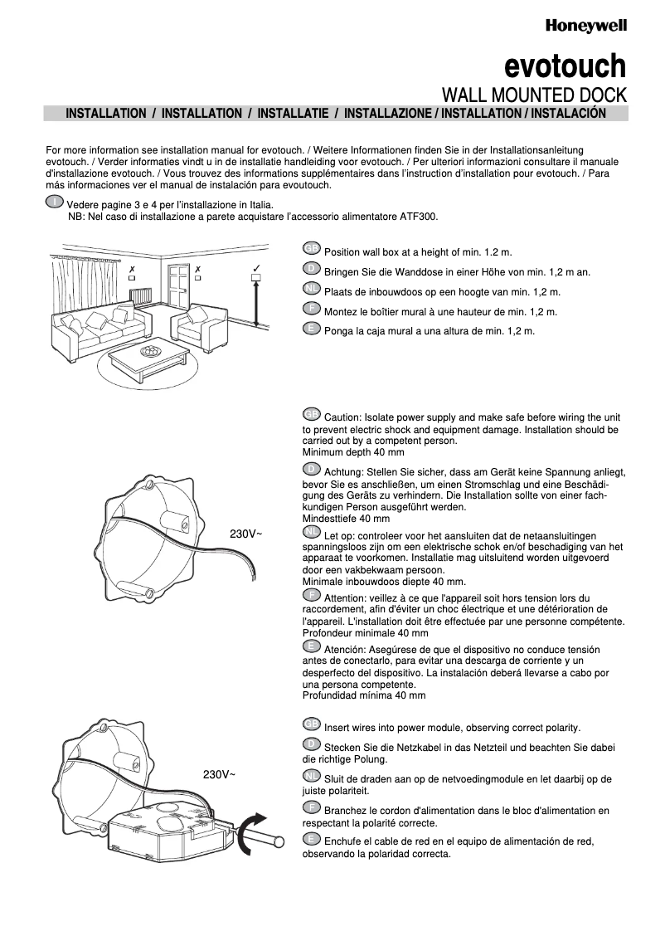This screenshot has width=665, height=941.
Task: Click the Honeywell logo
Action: coord(585,27)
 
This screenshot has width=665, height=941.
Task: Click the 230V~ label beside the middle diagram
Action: coord(245,534)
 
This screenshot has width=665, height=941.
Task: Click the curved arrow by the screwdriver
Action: coord(246,834)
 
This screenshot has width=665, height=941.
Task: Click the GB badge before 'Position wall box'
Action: coord(312,249)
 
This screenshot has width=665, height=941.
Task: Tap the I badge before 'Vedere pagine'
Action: coord(55,202)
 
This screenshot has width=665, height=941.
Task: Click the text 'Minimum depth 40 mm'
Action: coord(352,452)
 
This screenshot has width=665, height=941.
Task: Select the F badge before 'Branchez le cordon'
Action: coord(312,807)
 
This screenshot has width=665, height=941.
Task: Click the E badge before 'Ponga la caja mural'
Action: coord(312,329)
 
